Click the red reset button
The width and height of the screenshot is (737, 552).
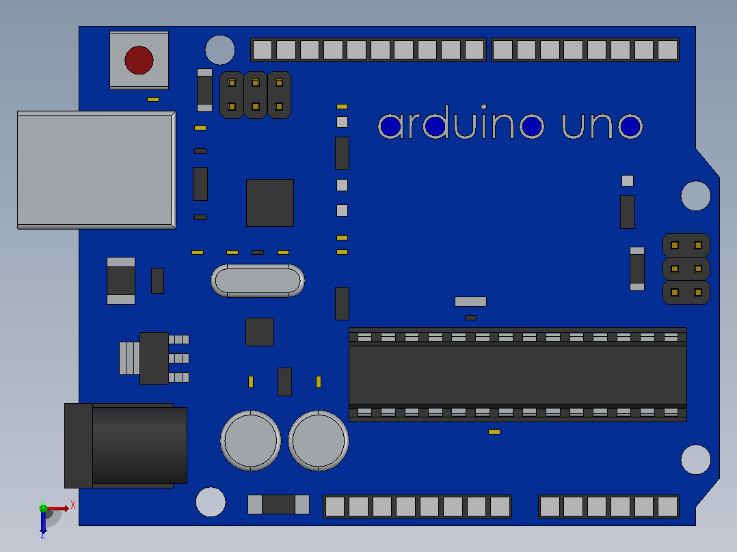coord(139,60)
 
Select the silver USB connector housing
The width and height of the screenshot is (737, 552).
coord(96,170)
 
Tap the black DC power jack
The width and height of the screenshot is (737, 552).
coord(126,445)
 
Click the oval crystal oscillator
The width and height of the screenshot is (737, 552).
coord(258,281)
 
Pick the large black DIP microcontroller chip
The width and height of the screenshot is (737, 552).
coord(518,374)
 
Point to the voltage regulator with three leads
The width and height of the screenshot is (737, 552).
coord(155,358)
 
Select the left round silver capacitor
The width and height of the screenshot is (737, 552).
coord(250,441)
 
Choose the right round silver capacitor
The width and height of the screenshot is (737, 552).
coord(319,441)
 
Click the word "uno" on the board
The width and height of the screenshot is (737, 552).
coord(602,126)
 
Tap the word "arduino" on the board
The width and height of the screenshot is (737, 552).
coord(461,122)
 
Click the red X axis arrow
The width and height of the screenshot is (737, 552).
coord(57,508)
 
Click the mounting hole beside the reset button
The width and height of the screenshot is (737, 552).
coord(220,50)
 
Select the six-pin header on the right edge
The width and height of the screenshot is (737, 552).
coord(686,268)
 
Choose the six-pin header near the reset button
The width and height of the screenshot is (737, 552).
coord(255,95)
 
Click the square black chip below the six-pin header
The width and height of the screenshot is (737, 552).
coord(270,202)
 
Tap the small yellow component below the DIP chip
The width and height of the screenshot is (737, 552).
coord(494,432)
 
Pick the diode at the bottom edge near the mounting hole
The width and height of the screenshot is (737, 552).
coord(278,505)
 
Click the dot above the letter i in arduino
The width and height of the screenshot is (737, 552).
coord(483,107)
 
